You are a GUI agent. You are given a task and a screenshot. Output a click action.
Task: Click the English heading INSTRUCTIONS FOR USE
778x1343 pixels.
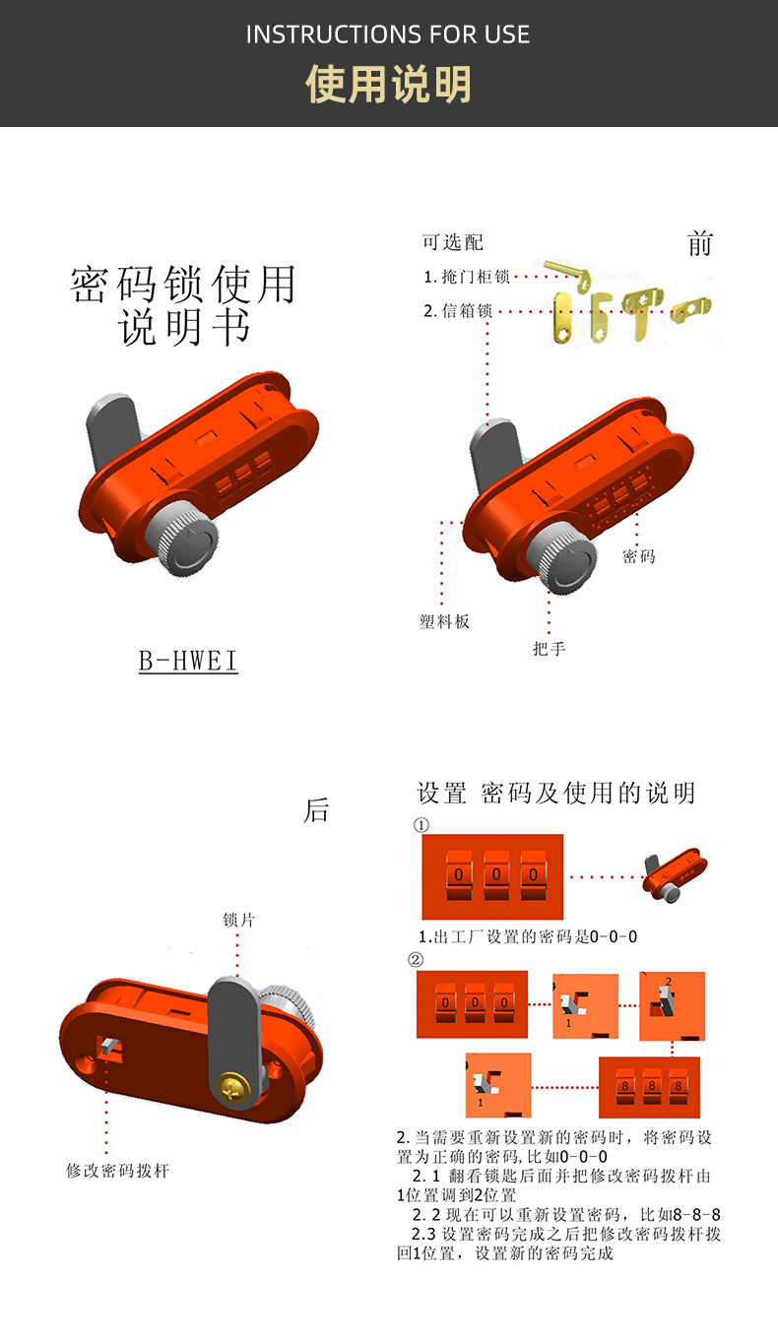[388, 35]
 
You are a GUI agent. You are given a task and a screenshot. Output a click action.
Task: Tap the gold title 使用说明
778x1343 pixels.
[388, 85]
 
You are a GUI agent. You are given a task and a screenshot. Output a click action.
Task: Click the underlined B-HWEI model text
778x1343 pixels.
[188, 662]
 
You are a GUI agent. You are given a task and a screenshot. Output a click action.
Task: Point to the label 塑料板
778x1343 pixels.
[444, 622]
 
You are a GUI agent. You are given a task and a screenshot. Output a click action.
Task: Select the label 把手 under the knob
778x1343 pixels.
[549, 649]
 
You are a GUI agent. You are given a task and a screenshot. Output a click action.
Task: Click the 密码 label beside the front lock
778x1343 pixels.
[638, 557]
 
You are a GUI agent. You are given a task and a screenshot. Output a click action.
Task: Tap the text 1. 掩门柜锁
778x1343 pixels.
[467, 278]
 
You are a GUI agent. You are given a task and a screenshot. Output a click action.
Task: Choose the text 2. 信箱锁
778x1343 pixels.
[458, 311]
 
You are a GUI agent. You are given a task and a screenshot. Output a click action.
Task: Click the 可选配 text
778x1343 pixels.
[453, 243]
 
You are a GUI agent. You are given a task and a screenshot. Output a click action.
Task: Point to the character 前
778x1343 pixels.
[700, 244]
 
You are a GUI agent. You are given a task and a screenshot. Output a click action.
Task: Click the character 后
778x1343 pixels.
[316, 811]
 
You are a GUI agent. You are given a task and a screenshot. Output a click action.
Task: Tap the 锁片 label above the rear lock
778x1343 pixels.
[239, 920]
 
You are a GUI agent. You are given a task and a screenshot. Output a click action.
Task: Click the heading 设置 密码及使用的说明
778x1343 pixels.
[556, 794]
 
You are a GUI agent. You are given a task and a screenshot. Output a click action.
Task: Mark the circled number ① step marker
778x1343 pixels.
[421, 824]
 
